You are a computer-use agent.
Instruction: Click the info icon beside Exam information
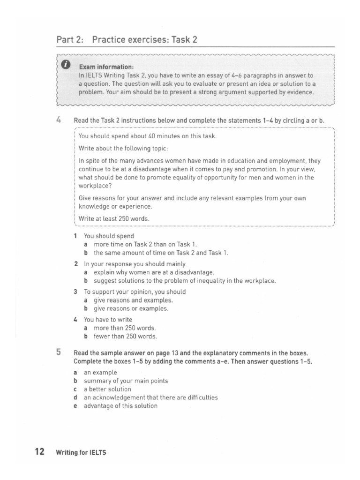[66, 64]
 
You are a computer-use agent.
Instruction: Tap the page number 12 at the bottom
[39, 452]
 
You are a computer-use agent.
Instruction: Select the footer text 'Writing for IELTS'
[81, 453]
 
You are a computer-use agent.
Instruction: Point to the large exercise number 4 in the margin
[59, 120]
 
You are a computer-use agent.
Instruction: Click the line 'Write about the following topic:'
[116, 149]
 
